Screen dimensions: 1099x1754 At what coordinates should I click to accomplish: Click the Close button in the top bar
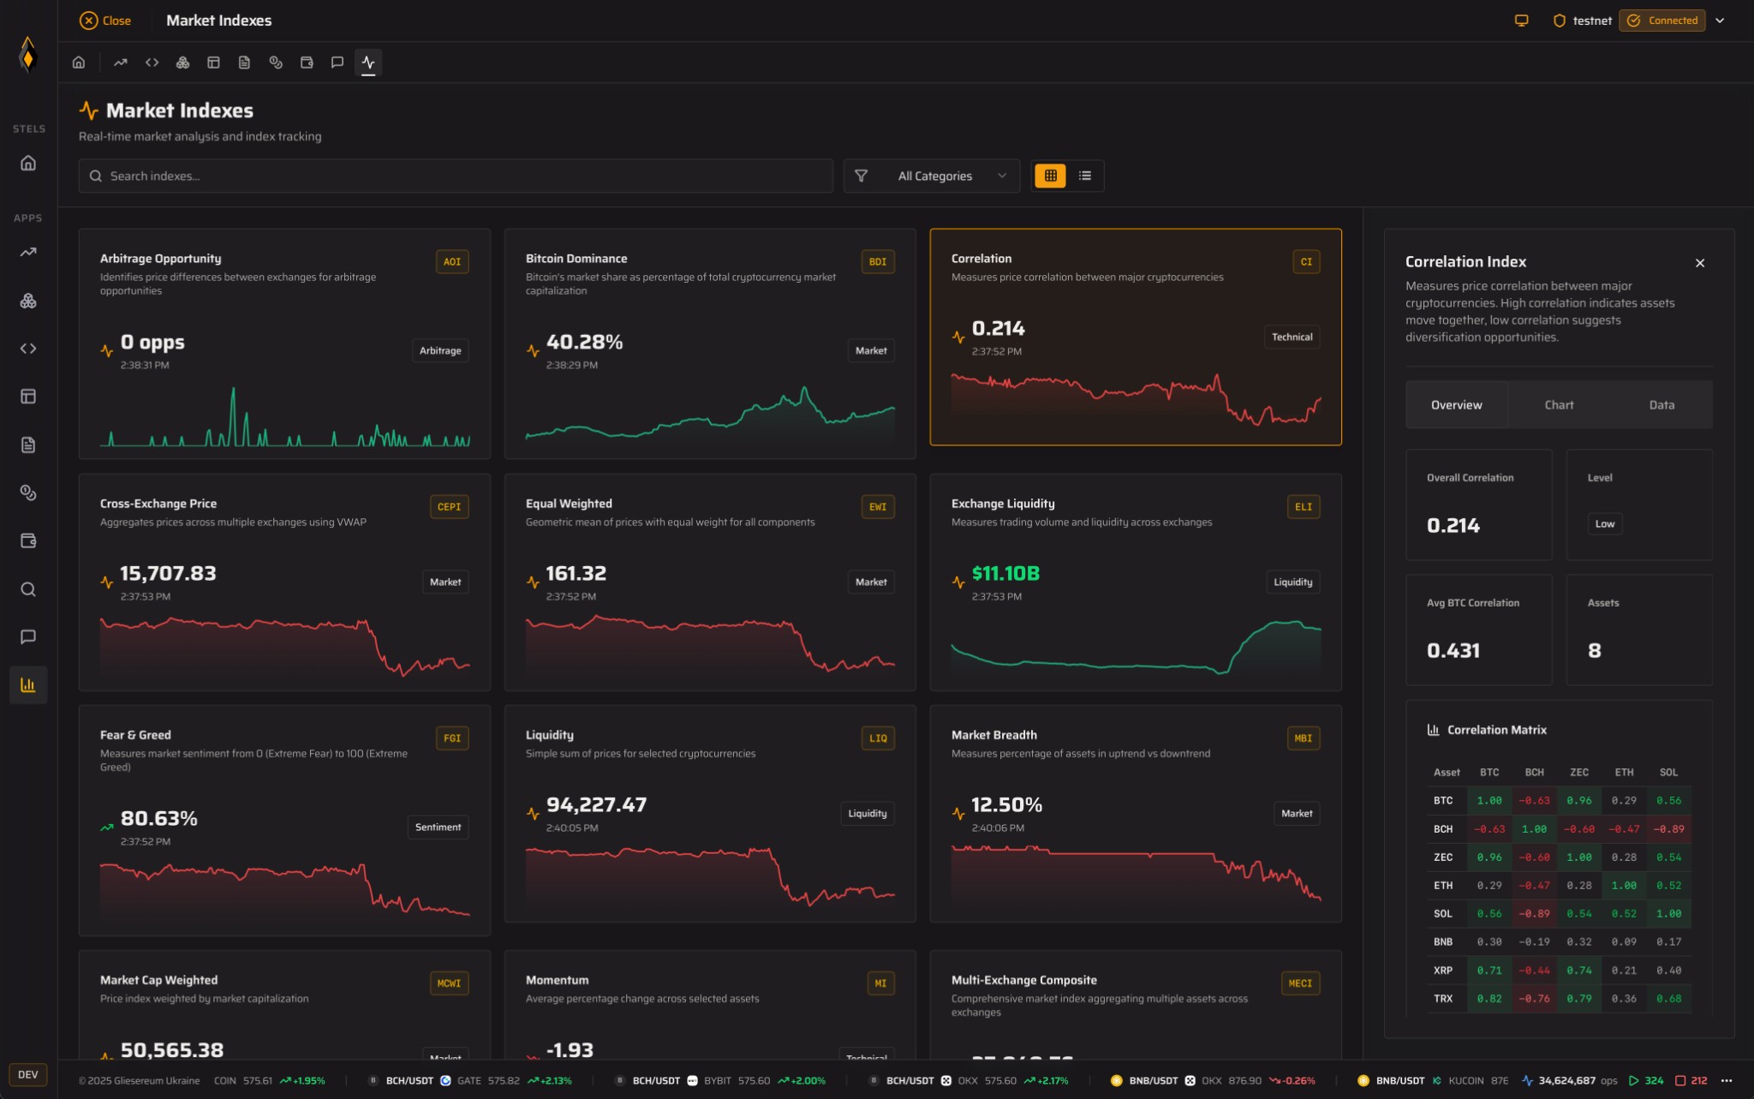[105, 21]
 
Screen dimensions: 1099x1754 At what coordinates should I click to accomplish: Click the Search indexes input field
[455, 176]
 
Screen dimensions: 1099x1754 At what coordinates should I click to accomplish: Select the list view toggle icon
[1085, 176]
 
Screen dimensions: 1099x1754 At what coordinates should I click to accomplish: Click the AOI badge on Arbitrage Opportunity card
[452, 262]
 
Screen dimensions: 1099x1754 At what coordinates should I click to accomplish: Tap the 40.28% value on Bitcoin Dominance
[584, 342]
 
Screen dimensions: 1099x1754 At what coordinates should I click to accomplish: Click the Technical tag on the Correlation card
[1292, 337]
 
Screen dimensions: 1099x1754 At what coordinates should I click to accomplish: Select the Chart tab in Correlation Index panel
[1559, 405]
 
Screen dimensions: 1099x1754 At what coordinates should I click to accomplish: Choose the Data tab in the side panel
[1662, 405]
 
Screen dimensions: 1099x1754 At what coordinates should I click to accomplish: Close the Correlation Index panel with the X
[1700, 263]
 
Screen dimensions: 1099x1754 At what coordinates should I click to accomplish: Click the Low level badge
[1605, 523]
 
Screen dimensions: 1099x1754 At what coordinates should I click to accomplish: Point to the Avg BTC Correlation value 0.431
[1453, 650]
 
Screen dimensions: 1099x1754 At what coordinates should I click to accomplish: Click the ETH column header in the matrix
[1624, 772]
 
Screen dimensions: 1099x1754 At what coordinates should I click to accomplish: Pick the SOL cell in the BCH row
[1668, 829]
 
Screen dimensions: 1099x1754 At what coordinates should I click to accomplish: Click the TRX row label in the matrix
[1443, 999]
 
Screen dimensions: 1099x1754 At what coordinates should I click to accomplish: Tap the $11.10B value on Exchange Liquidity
[1005, 573]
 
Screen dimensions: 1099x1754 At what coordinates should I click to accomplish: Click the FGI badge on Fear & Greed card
[452, 738]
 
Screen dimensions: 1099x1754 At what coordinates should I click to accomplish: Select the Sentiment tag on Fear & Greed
[438, 827]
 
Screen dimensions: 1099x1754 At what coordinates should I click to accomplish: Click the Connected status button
[1662, 21]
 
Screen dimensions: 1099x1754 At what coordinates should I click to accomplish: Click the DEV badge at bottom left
[28, 1075]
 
